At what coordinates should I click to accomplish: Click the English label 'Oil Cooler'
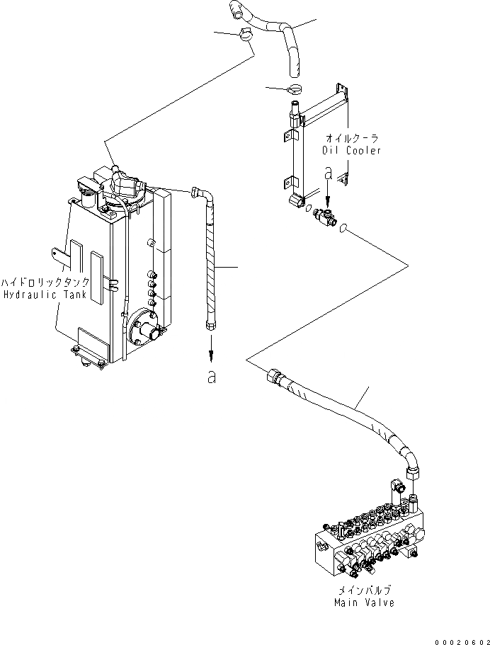point(351,150)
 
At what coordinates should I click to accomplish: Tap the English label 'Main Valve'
point(365,603)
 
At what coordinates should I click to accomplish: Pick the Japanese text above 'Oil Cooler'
point(352,138)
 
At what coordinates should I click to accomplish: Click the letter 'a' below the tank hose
point(210,378)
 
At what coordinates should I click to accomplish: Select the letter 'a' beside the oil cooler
point(327,173)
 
